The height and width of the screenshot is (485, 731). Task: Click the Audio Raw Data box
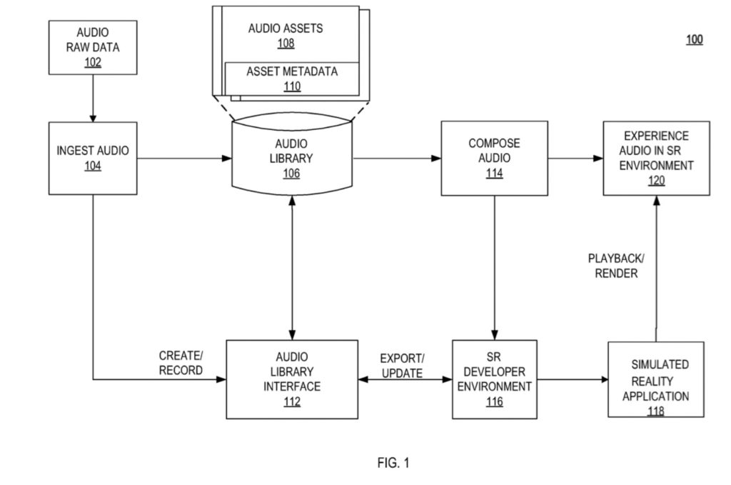click(93, 47)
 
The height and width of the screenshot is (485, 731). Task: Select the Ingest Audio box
click(93, 158)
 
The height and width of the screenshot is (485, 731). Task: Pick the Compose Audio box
click(494, 158)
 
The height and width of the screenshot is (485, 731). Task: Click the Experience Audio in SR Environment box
click(656, 158)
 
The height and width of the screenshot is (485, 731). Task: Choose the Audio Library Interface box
click(291, 379)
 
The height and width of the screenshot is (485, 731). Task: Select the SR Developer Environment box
click(494, 379)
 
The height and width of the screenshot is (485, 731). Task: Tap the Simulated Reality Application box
click(655, 379)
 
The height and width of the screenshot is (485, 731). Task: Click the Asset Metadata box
click(292, 79)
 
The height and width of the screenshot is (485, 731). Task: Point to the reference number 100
click(695, 40)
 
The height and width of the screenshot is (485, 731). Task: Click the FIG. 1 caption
click(393, 463)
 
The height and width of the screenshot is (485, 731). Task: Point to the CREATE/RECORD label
click(181, 363)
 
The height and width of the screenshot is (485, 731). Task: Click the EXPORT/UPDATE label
click(401, 365)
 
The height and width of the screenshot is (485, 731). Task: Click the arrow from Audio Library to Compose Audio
click(397, 158)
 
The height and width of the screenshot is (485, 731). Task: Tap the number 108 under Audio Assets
click(286, 44)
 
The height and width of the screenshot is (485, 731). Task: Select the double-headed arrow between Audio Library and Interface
click(291, 268)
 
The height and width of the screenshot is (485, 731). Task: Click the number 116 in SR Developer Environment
click(494, 402)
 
